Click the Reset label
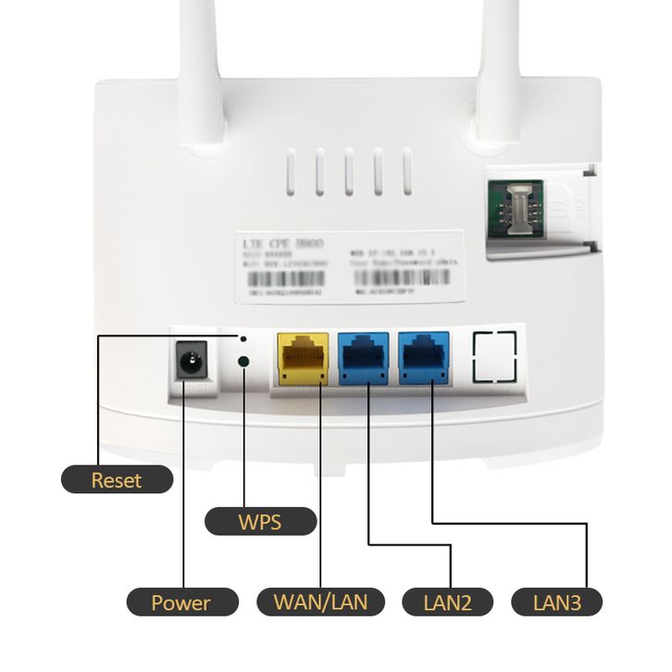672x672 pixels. coord(117,479)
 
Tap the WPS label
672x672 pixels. coord(259,521)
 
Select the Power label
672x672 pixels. coord(181,604)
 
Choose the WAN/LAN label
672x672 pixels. coord(320,603)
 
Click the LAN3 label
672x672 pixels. coord(557,604)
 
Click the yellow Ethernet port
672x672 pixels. coord(303,359)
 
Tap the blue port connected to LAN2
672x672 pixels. coord(363,359)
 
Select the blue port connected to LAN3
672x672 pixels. coord(424,358)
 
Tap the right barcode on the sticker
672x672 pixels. coord(406,277)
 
